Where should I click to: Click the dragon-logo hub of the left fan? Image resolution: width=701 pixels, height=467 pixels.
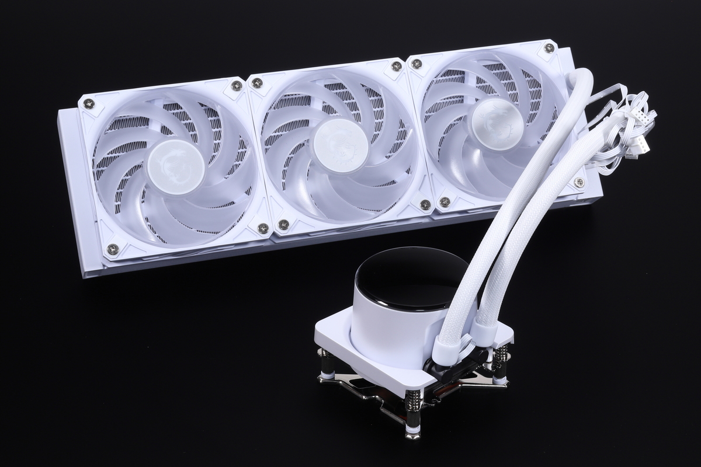click(x=176, y=166)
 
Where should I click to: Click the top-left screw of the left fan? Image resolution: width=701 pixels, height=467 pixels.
click(x=89, y=103)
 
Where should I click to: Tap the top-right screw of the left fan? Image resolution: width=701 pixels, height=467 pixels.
click(x=237, y=86)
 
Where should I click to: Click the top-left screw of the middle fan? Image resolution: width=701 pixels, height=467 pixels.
click(x=256, y=83)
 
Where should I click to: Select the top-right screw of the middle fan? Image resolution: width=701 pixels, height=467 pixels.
click(x=397, y=66)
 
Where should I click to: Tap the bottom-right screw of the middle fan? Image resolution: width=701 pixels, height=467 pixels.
click(x=425, y=204)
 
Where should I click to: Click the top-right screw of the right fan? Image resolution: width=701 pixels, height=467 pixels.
click(x=549, y=48)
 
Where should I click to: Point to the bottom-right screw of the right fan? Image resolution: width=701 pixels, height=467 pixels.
click(x=579, y=182)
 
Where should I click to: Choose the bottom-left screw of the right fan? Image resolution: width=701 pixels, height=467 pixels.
click(x=445, y=202)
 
